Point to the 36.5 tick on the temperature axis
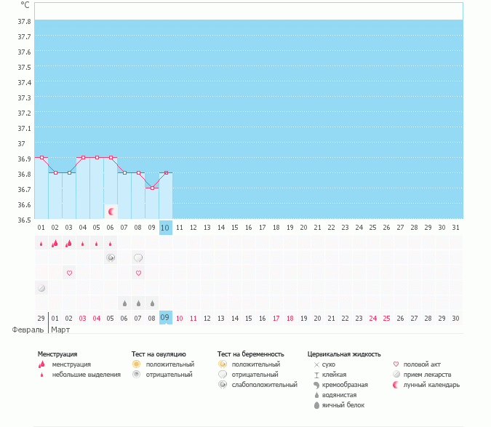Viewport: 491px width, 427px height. pos(24,219)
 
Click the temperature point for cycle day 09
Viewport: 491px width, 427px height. pos(152,188)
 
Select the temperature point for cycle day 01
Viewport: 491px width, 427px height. pos(41,157)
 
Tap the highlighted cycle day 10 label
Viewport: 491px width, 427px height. pos(165,228)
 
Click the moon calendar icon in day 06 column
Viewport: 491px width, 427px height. pos(111,211)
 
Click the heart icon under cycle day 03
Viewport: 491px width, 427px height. pos(69,273)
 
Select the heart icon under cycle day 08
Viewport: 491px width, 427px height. pos(138,273)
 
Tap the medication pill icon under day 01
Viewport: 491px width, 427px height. pos(41,288)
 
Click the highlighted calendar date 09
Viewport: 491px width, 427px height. pos(165,318)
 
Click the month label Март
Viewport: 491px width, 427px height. pos(60,330)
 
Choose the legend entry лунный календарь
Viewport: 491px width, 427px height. pos(431,385)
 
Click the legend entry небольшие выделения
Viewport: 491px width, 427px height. pos(86,375)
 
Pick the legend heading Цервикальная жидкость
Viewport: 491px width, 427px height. pos(344,354)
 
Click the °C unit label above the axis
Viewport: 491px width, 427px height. pos(25,4)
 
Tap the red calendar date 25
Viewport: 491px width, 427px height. pos(386,318)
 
